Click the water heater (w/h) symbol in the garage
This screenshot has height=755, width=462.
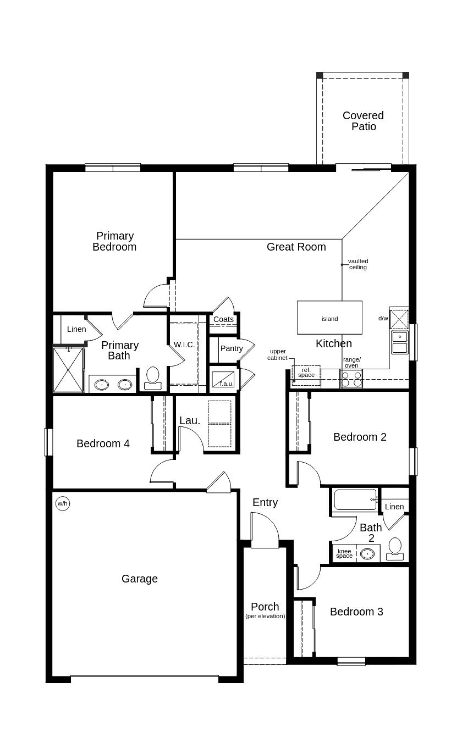[x=63, y=503]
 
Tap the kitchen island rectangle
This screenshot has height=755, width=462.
[x=329, y=318]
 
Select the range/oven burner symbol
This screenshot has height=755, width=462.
[x=351, y=379]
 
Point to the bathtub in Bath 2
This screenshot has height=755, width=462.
[x=355, y=499]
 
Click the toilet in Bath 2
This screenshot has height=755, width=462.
[x=395, y=548]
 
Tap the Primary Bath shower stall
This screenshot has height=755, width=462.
[x=68, y=370]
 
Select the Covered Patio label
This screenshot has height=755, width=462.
[x=363, y=121]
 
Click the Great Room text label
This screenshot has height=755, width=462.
[x=296, y=247]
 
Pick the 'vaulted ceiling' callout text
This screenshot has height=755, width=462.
[x=358, y=264]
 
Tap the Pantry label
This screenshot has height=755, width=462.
[x=231, y=348]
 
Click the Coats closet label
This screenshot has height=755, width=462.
[x=223, y=319]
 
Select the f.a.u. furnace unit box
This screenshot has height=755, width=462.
[x=223, y=380]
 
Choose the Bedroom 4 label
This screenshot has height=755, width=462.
[x=103, y=443]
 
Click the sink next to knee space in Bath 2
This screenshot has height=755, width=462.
[x=367, y=553]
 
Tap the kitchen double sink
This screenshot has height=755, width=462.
[x=400, y=342]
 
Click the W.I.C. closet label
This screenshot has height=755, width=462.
[x=184, y=345]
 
